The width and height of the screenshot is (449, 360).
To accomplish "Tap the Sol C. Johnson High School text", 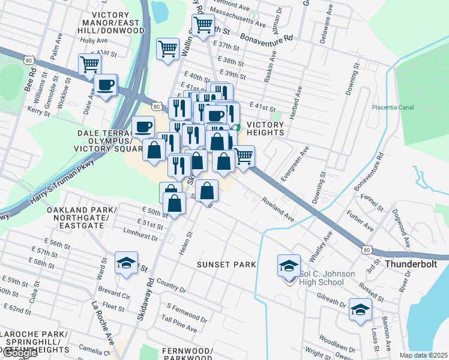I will click(327, 278).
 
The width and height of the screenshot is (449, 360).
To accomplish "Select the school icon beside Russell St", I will click(360, 310).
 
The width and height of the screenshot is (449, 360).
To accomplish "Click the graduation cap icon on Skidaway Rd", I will click(126, 263).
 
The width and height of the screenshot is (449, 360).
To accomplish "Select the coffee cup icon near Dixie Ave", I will click(106, 85).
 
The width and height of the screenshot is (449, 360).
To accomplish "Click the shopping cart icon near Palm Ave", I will click(89, 64).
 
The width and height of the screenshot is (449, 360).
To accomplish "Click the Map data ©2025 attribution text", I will click(424, 355).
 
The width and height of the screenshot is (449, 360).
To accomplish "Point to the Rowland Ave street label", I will click(277, 208).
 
